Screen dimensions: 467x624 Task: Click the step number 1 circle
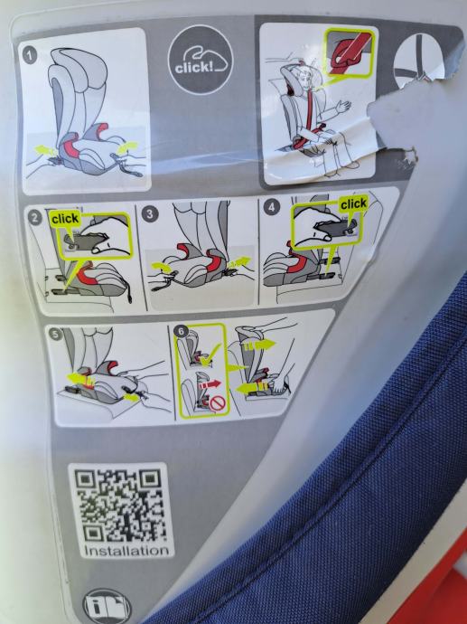(30, 55)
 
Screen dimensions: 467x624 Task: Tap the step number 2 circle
(35, 218)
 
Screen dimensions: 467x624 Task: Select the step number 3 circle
(149, 214)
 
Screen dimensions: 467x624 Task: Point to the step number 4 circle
(272, 207)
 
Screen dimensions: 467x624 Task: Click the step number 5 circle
(56, 334)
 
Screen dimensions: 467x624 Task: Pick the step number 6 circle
(182, 332)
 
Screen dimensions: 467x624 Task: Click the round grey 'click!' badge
(201, 60)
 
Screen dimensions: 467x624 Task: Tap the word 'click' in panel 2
(65, 219)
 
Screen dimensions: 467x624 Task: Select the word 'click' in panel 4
(353, 204)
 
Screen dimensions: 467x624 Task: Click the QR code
(120, 506)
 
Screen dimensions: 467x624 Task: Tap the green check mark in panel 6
(210, 355)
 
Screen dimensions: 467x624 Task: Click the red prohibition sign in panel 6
(218, 403)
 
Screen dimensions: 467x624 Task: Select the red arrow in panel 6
(210, 385)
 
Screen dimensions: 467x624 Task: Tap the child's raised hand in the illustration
(343, 106)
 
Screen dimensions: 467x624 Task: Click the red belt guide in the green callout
(348, 53)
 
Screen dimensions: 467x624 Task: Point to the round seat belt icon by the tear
(417, 61)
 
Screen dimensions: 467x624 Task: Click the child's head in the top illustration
(302, 80)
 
